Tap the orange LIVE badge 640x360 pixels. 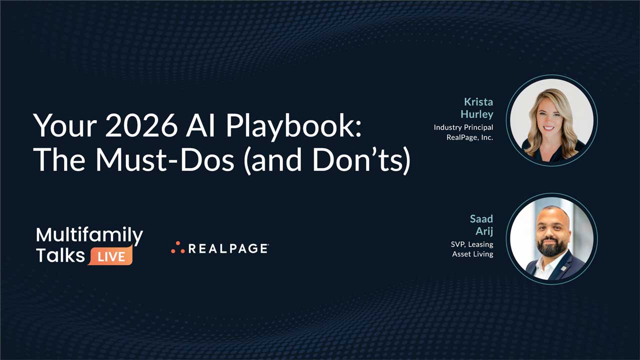(111, 256)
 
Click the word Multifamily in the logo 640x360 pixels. (89, 234)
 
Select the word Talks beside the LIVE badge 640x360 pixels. (60, 255)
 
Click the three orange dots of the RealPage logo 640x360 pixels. (178, 247)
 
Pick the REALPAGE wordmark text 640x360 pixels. (228, 248)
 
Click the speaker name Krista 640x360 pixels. (478, 102)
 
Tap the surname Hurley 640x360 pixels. (476, 114)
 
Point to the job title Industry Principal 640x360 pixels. (463, 127)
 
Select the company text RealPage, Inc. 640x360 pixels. (469, 137)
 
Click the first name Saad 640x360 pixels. (481, 219)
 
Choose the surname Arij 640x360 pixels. (484, 231)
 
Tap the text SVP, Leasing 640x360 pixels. (471, 244)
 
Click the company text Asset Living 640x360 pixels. (472, 254)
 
